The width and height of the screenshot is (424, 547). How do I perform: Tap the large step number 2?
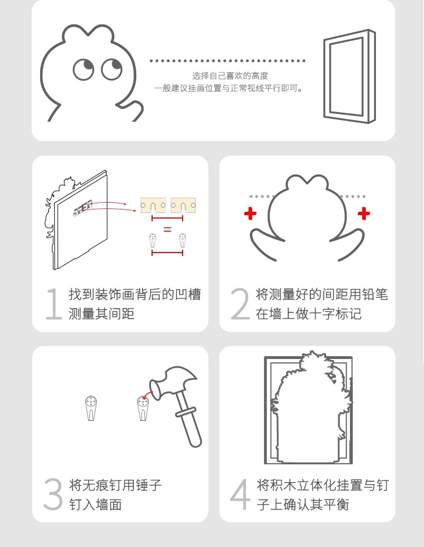click(x=240, y=304)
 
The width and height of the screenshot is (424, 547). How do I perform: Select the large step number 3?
click(x=53, y=494)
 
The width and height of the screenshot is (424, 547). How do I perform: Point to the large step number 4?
click(x=240, y=494)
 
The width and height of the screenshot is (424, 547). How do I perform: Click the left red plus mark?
click(x=250, y=213)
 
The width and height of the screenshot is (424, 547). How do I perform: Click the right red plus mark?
click(x=364, y=213)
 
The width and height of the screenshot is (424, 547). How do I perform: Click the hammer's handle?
click(x=188, y=418)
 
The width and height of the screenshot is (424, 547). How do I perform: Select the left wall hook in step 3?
click(x=91, y=408)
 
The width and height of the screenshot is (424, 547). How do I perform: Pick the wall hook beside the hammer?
click(x=143, y=408)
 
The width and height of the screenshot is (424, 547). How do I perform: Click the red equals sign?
click(x=167, y=229)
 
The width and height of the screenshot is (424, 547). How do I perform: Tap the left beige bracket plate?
click(x=153, y=205)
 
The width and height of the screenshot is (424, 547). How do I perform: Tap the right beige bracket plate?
click(x=183, y=205)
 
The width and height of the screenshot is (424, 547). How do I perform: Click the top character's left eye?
click(x=84, y=70)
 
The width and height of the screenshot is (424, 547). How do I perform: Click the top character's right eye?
click(x=111, y=69)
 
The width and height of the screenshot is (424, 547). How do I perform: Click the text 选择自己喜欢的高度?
click(x=230, y=76)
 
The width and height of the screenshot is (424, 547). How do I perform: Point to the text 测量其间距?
click(x=101, y=314)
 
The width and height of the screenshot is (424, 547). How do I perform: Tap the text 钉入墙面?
click(x=95, y=505)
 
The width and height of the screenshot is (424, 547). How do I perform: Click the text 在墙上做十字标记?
click(x=308, y=314)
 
